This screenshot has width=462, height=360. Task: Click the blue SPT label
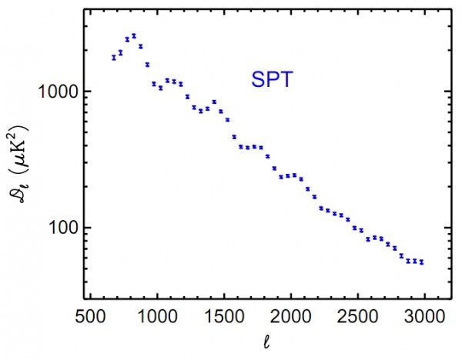(270, 78)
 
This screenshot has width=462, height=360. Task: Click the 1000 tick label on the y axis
(55, 91)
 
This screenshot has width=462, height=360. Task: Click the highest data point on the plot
(133, 35)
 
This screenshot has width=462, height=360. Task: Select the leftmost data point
(113, 57)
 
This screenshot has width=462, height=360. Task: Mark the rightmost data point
(422, 262)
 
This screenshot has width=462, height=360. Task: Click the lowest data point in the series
(422, 262)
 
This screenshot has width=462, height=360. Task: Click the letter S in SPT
(255, 78)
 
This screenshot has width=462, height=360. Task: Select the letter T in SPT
(285, 78)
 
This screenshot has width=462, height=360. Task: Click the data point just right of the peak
(140, 46)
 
